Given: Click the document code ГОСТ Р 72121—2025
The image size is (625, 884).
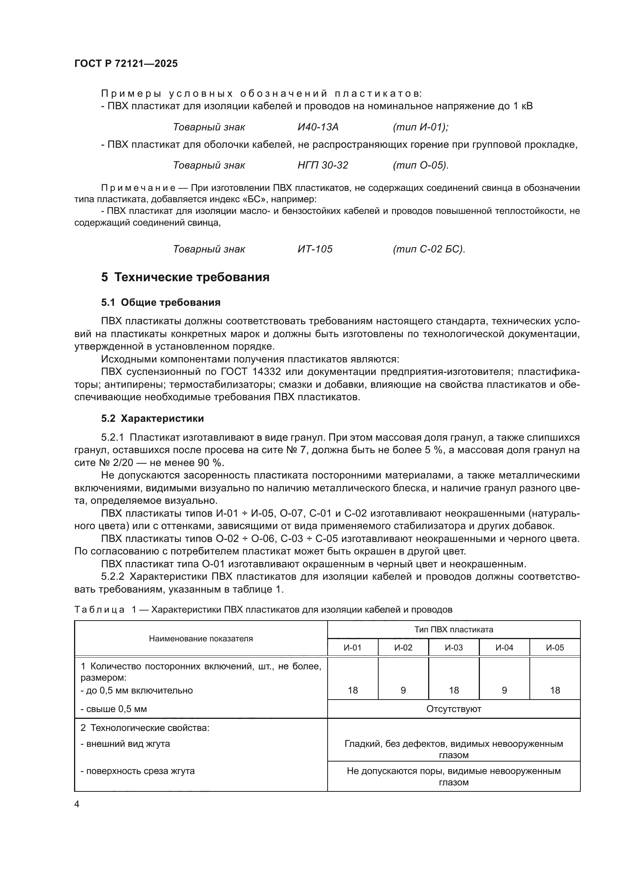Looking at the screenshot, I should pos(126,63).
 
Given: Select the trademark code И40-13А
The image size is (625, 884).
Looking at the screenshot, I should pos(318,127).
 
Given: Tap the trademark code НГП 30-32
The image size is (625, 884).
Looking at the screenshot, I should pos(322,165).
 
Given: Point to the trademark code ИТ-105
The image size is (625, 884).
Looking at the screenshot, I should pos(315,249).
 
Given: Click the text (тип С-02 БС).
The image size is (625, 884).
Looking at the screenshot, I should pos(429,249).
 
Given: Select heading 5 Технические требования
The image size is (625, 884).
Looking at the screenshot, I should pos(185,277).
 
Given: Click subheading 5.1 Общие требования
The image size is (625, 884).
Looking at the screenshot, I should pos(161,303).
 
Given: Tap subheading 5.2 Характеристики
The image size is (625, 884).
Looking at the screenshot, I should pos(152,418).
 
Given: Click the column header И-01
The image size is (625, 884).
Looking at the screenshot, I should pos(353,648).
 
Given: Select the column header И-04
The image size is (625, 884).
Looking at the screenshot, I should pos(504,648).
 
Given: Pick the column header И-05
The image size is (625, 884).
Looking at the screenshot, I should pos(555,648).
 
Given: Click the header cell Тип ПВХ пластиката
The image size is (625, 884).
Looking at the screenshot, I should pos(454,630).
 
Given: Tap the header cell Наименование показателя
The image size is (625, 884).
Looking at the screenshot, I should pos(201,639).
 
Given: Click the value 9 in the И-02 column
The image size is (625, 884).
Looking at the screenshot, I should pos(403,690).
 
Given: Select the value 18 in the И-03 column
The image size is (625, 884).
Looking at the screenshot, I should pos(454,690).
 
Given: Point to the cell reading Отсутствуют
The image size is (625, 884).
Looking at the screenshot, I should pos(454,709).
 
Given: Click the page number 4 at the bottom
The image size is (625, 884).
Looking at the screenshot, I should pos(77,804).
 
